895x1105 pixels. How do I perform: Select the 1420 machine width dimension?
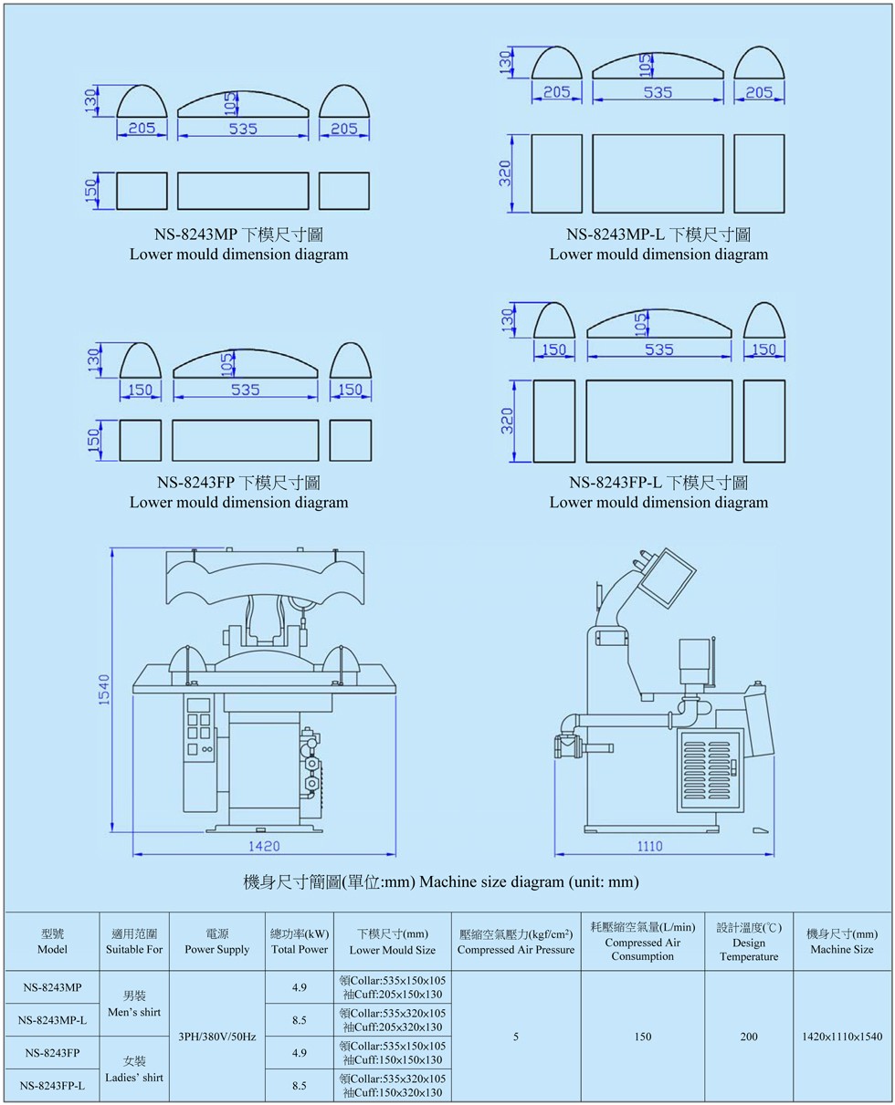(264, 845)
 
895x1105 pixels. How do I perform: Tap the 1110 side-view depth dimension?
(649, 845)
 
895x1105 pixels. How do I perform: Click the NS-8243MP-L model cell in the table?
(53, 1020)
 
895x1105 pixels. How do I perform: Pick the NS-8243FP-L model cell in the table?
(53, 1085)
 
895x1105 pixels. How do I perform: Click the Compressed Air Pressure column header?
(516, 942)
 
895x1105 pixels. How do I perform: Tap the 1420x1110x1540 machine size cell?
(843, 1037)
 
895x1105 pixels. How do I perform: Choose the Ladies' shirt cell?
(135, 1069)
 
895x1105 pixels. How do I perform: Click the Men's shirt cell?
(135, 1004)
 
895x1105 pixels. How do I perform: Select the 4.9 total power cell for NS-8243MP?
(300, 987)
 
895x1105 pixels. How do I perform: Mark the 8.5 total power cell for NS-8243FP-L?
(300, 1085)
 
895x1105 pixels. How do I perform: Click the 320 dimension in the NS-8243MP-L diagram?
(505, 173)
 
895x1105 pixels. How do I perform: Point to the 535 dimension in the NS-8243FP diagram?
(246, 390)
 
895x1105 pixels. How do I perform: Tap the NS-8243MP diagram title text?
(238, 235)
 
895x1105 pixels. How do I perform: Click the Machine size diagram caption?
(441, 881)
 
